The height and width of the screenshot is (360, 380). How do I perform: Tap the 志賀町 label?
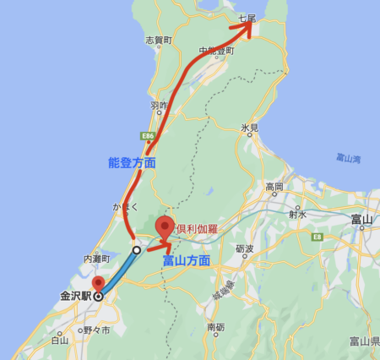[x=158, y=40]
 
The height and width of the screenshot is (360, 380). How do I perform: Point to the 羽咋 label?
[x=159, y=106]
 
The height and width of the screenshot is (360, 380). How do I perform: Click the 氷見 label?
[x=248, y=128]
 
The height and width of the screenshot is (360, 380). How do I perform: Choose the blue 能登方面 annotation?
[x=133, y=161]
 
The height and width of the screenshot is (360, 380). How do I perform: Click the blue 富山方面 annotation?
[x=185, y=261]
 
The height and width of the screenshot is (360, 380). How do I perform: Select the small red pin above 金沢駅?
[x=98, y=284]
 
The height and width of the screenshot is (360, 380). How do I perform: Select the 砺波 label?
[x=245, y=248]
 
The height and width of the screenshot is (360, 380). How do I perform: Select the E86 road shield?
[x=148, y=134]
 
